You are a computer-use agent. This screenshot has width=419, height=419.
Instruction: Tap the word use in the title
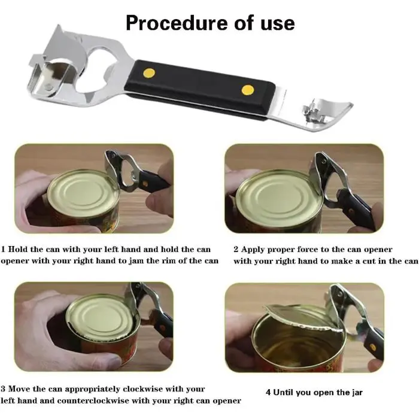point(278,23)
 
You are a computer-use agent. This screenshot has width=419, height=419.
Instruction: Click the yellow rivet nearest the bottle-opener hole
point(149,73)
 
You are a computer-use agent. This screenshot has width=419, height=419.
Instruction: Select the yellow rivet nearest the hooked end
point(248,90)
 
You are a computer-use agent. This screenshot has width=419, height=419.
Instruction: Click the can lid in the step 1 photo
point(83,192)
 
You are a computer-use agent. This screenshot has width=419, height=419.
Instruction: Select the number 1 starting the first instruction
point(3,250)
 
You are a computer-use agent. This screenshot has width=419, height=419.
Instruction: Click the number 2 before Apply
point(236,250)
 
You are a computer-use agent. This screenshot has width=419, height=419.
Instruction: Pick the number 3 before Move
point(3,388)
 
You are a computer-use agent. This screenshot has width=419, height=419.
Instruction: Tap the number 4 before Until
point(268,392)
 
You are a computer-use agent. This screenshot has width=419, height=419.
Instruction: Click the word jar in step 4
point(357,393)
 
